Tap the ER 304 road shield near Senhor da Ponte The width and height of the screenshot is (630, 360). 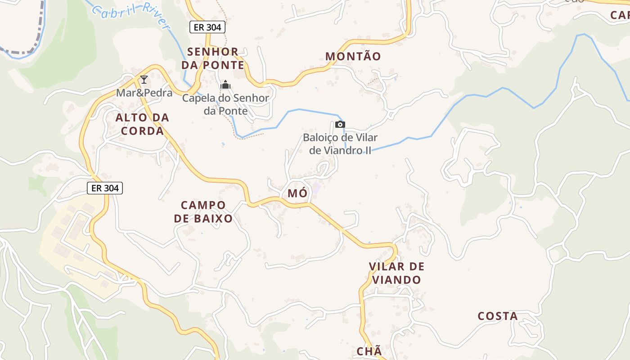tap(207, 27)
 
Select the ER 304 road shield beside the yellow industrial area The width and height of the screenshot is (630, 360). tap(105, 188)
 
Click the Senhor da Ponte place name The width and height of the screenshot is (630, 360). tap(213, 58)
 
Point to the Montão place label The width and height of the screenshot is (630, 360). tap(353, 57)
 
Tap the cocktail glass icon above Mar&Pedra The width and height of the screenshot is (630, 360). tap(144, 80)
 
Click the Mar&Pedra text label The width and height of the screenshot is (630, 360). tap(144, 93)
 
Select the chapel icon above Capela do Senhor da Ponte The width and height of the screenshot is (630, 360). tap(225, 85)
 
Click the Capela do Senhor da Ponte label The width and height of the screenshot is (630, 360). tap(225, 104)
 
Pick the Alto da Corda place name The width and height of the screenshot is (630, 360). tap(142, 124)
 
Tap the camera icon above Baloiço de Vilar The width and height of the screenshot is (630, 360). tap(340, 124)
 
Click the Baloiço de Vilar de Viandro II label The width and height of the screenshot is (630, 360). tap(340, 144)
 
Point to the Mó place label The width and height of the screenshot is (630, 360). tap(297, 193)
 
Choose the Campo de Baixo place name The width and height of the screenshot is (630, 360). tap(203, 212)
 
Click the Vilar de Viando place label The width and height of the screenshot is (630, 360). tap(396, 273)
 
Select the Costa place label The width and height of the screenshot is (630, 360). tap(498, 316)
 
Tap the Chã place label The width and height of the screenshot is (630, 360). tap(369, 351)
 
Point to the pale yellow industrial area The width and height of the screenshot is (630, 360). tap(67, 243)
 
